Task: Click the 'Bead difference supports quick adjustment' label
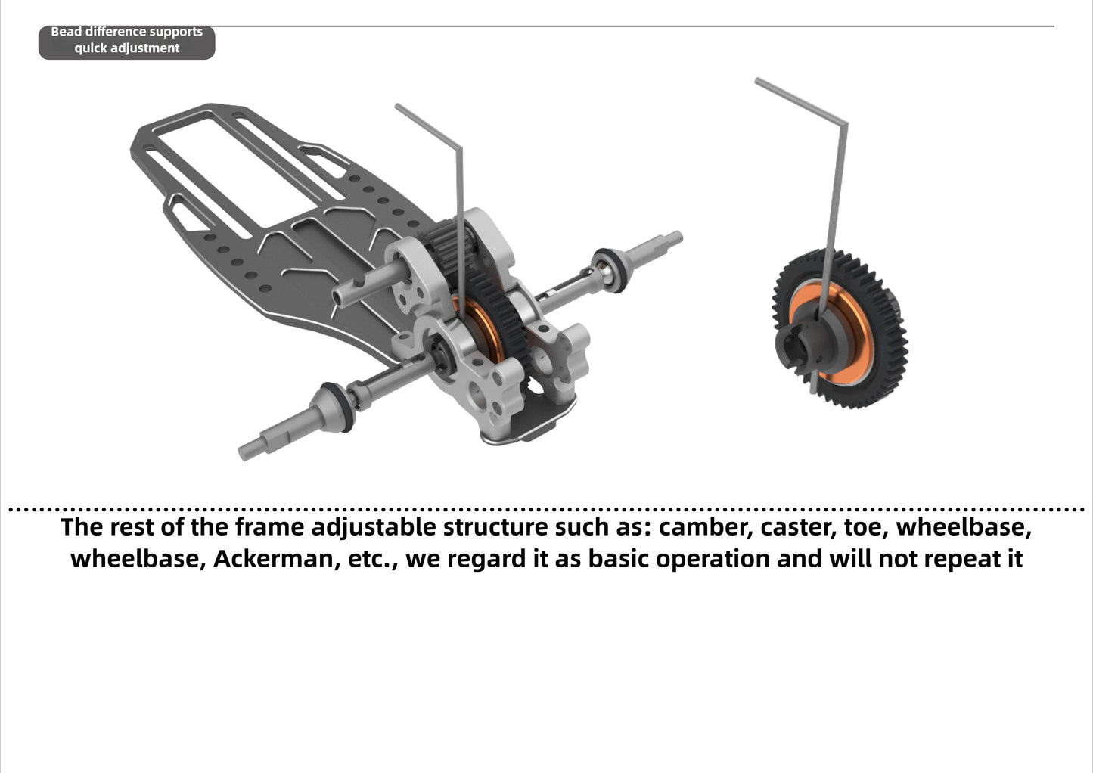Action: pos(126,41)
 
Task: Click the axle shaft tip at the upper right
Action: pos(670,241)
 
